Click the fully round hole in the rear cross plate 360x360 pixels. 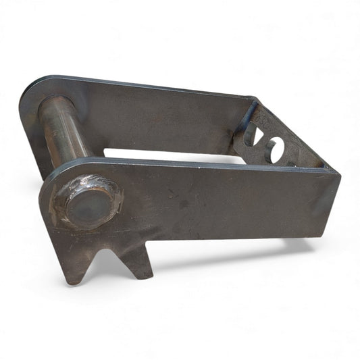[x=274, y=149]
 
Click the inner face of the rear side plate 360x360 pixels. [x=162, y=118]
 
